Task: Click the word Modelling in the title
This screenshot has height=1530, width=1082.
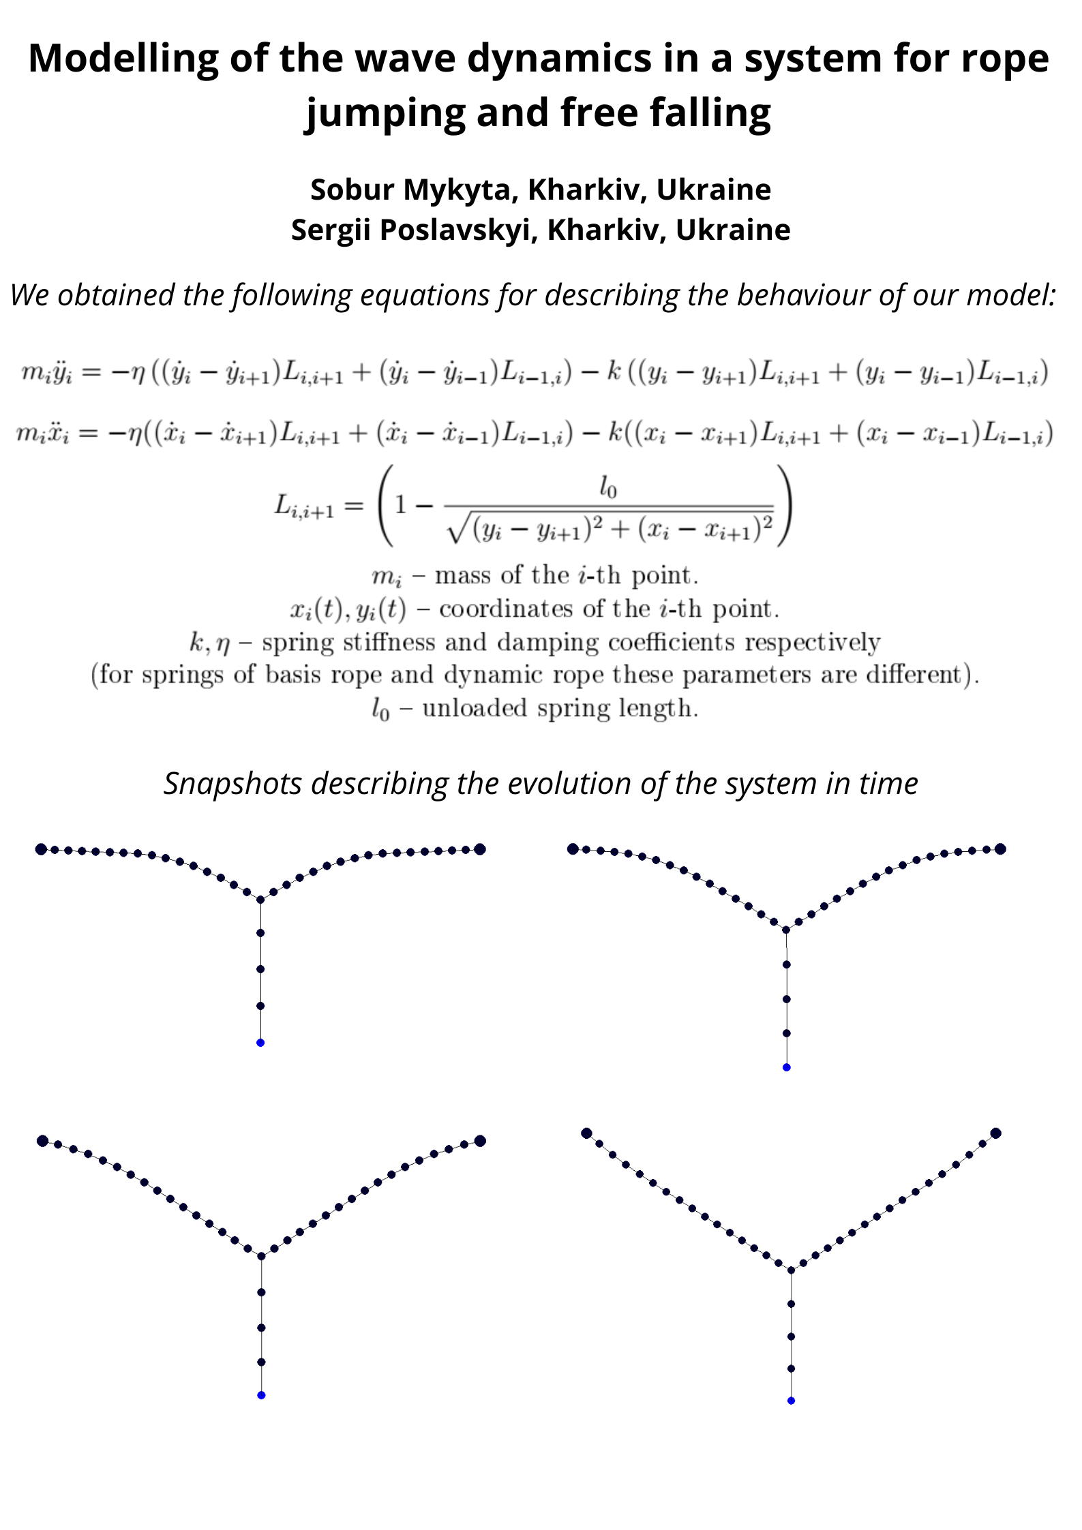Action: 123,58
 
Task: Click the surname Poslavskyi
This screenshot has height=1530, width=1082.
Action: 455,230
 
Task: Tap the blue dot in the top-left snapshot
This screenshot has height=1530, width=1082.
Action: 260,1043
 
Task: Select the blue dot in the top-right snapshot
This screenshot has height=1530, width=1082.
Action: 787,1067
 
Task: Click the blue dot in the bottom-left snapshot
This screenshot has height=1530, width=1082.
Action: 261,1395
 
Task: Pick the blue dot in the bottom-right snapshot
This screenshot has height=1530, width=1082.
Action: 791,1401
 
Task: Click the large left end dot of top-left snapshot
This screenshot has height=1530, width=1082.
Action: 41,849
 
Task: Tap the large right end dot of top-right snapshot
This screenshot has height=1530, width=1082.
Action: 1000,848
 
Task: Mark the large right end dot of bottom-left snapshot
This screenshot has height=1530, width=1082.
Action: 480,1141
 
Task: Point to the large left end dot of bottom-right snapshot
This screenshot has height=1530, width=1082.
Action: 586,1133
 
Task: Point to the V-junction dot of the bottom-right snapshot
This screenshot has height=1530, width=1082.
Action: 791,1270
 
